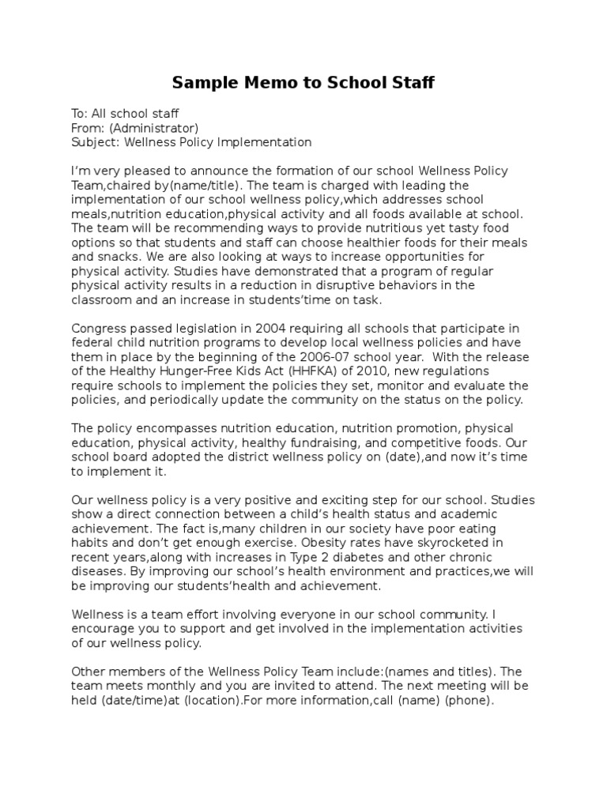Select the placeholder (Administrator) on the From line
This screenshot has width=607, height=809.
[x=153, y=128]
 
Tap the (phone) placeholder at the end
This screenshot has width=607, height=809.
[x=469, y=699]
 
